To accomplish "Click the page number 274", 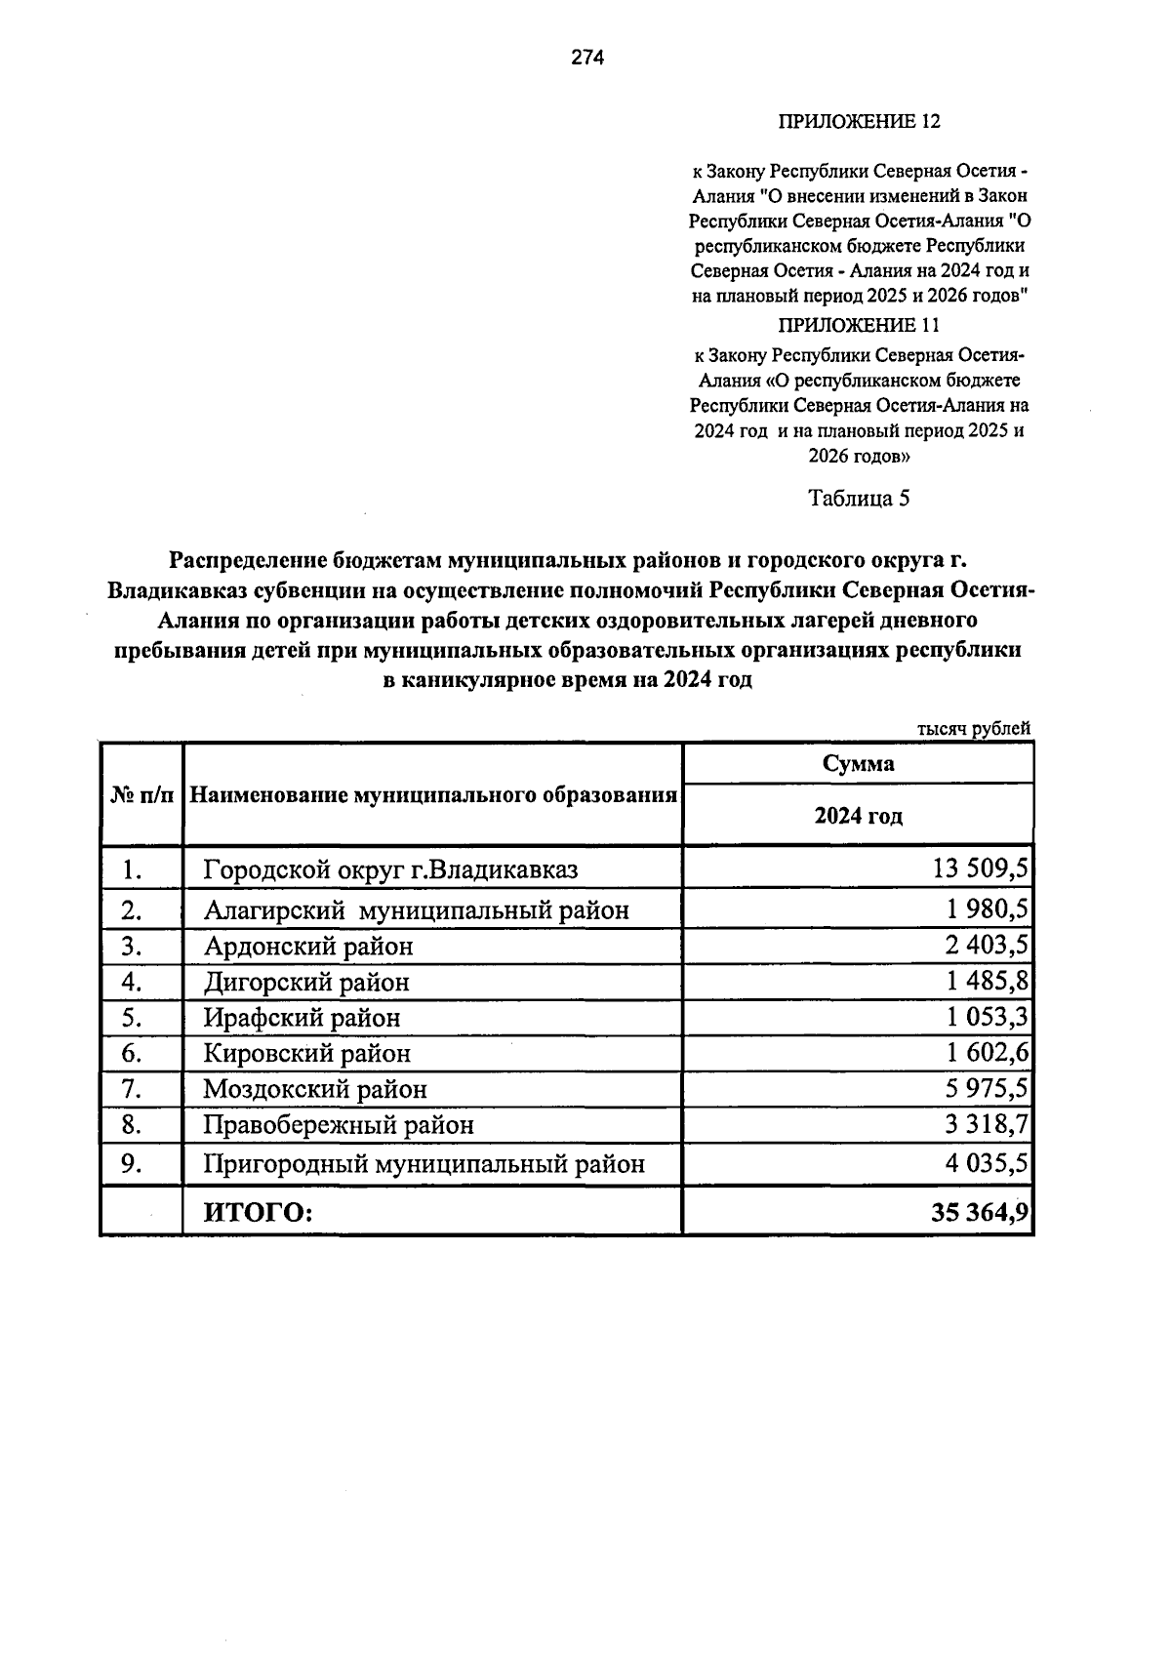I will click(x=587, y=58).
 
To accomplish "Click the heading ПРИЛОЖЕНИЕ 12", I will click(x=858, y=122).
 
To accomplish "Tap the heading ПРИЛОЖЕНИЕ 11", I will click(x=858, y=325).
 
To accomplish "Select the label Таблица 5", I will click(x=859, y=499).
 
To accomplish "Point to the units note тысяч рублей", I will click(x=973, y=729).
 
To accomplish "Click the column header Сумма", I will click(x=858, y=764).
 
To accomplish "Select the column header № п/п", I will click(x=141, y=795).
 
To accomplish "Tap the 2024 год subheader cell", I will click(x=858, y=816).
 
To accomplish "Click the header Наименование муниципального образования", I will click(x=432, y=795).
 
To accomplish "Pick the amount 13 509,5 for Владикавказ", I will click(x=980, y=868).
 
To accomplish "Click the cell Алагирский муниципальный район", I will click(x=416, y=910).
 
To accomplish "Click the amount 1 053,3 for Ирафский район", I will click(x=986, y=1018).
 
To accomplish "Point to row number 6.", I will click(x=133, y=1054).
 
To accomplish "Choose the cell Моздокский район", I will click(x=314, y=1089).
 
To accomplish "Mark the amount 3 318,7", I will click(x=986, y=1125).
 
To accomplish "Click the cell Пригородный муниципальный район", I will click(x=424, y=1164).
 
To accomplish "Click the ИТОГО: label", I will click(x=258, y=1213).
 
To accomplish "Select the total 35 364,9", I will click(x=980, y=1213).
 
